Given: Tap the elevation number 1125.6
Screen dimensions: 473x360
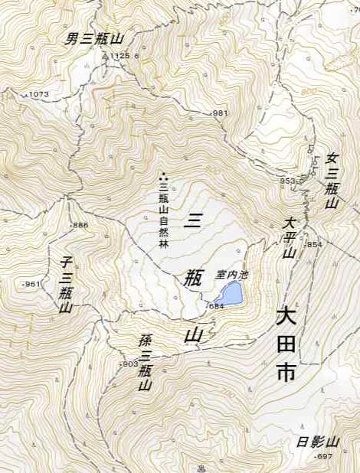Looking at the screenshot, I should tap(123, 56).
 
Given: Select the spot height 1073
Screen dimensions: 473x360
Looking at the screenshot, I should tap(38, 94).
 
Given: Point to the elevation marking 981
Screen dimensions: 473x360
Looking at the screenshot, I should tap(221, 113).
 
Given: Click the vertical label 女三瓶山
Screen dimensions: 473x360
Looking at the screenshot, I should tap(332, 181).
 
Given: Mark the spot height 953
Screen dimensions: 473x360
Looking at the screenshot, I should tap(286, 181).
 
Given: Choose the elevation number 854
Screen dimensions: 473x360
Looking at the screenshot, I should tap(314, 244).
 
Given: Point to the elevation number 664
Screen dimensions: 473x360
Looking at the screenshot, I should tap(216, 307).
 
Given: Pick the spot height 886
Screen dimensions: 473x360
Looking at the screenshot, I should tap(80, 226).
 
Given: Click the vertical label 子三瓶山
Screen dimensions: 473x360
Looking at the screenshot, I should tap(66, 285).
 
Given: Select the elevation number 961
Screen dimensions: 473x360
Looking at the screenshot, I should tap(31, 284).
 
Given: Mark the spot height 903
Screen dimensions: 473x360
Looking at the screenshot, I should tap(129, 364).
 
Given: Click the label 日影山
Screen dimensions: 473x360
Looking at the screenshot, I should tap(318, 442).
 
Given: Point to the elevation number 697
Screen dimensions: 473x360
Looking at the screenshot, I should tap(325, 456).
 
